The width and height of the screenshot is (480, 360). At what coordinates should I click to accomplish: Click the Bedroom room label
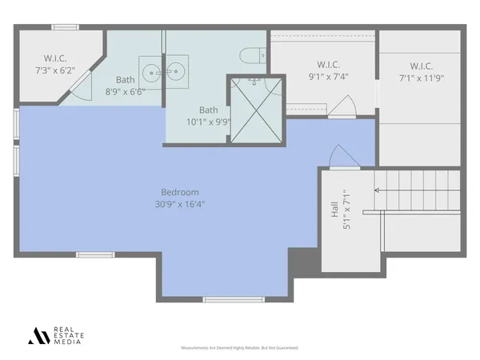tap(180, 192)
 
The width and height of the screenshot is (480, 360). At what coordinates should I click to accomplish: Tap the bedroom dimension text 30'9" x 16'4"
tap(180, 203)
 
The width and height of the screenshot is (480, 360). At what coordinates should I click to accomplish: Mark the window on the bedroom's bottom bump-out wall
tap(222, 299)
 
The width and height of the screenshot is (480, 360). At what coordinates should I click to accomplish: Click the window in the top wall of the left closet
tap(64, 28)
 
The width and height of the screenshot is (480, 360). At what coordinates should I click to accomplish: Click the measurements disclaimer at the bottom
tap(239, 349)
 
